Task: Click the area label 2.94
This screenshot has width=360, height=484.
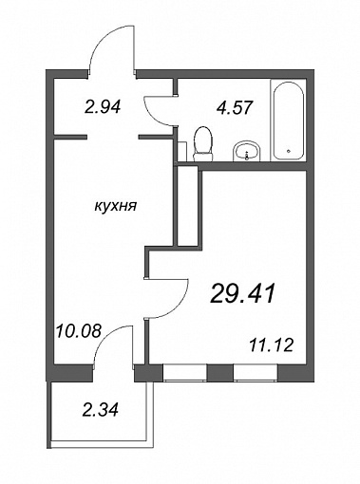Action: (x=103, y=106)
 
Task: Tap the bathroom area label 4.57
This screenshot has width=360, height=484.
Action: (x=235, y=107)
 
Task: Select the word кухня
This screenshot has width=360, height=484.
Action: (x=116, y=207)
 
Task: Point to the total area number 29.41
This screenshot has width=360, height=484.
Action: (x=242, y=293)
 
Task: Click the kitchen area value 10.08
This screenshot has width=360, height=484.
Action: (x=79, y=331)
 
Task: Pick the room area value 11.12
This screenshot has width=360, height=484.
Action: (x=272, y=345)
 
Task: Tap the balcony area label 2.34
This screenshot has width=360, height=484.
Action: (x=100, y=410)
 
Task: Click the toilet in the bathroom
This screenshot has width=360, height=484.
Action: (x=202, y=144)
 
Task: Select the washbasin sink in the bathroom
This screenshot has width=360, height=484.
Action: (x=247, y=151)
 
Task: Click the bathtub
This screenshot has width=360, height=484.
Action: (x=289, y=121)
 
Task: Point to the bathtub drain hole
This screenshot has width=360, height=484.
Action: (x=288, y=151)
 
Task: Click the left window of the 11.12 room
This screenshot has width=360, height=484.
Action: (x=184, y=373)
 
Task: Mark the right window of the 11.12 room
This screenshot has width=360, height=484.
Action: (x=256, y=373)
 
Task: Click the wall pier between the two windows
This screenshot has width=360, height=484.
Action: (x=220, y=373)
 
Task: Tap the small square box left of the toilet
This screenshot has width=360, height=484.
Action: (x=182, y=152)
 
